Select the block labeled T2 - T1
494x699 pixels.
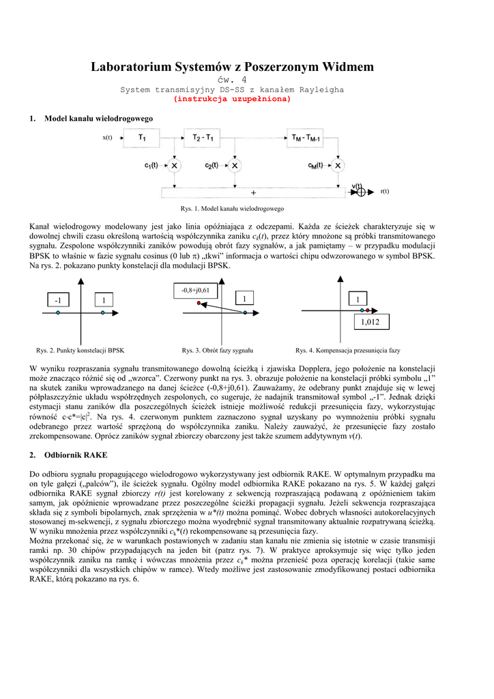point(203,138)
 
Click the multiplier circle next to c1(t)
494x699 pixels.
point(175,165)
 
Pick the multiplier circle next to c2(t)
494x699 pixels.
point(235,165)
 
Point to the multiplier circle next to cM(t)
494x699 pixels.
point(337,165)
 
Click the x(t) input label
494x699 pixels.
point(107,138)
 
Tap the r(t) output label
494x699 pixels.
point(385,192)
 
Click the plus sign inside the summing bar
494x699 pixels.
point(252,192)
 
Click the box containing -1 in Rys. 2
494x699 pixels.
point(59,299)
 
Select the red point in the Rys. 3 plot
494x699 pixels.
point(199,302)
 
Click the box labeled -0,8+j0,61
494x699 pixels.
point(195,290)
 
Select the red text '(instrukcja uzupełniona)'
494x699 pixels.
point(233,98)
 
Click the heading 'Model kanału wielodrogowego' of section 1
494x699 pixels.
point(98,118)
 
